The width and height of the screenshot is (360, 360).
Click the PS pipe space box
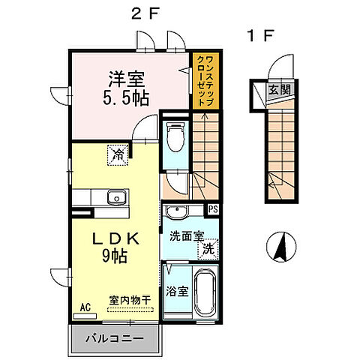pyautogui.click(x=213, y=209)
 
